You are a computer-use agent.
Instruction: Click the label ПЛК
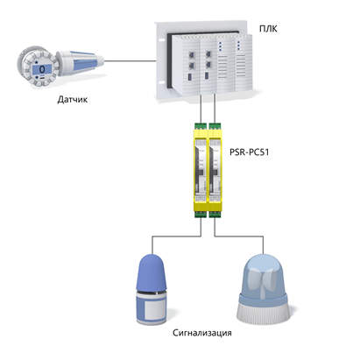[x=268, y=29]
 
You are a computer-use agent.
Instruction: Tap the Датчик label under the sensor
[x=73, y=100]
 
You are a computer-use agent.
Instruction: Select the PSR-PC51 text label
[x=249, y=152]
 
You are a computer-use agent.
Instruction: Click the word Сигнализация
[x=202, y=333]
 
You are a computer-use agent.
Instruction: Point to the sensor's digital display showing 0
[x=42, y=69]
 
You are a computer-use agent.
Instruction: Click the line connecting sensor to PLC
[x=131, y=61]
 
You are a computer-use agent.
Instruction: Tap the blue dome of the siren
[x=152, y=272]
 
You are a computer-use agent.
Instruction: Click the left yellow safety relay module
[x=201, y=170]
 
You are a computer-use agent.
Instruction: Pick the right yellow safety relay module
[x=215, y=170]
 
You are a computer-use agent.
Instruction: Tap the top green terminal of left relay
[x=201, y=126]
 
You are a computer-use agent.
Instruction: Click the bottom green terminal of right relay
[x=215, y=214]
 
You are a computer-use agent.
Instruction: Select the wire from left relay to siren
[x=177, y=236]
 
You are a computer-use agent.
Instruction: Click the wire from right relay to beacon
[x=238, y=236]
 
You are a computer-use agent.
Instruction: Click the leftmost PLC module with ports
[x=192, y=66]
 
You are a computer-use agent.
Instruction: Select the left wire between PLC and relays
[x=201, y=109]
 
